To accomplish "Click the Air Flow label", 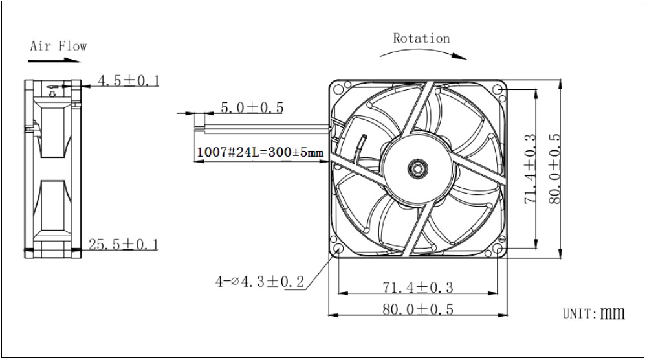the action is tap(58, 46).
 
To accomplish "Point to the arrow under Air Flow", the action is tap(54, 61).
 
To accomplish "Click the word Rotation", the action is tap(421, 38).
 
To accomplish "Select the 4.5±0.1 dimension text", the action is tap(128, 80).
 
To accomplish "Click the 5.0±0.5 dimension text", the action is tap(252, 107).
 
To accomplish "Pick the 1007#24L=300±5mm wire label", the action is tap(260, 152).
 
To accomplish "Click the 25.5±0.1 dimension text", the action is tap(124, 244).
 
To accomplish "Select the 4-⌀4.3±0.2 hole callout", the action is tap(259, 282).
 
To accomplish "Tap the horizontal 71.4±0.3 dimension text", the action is tap(418, 287).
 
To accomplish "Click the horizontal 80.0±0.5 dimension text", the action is tap(418, 309).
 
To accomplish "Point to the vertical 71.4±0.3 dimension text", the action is tap(531, 168).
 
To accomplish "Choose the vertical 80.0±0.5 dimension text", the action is tap(555, 168).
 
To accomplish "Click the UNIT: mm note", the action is tap(593, 313).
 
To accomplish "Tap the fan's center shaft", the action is tap(417, 168).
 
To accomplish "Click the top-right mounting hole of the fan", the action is tap(497, 89).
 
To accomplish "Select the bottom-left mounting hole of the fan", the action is tap(338, 249).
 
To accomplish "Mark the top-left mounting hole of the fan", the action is tap(338, 89).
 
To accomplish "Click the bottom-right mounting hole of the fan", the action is tap(497, 249).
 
